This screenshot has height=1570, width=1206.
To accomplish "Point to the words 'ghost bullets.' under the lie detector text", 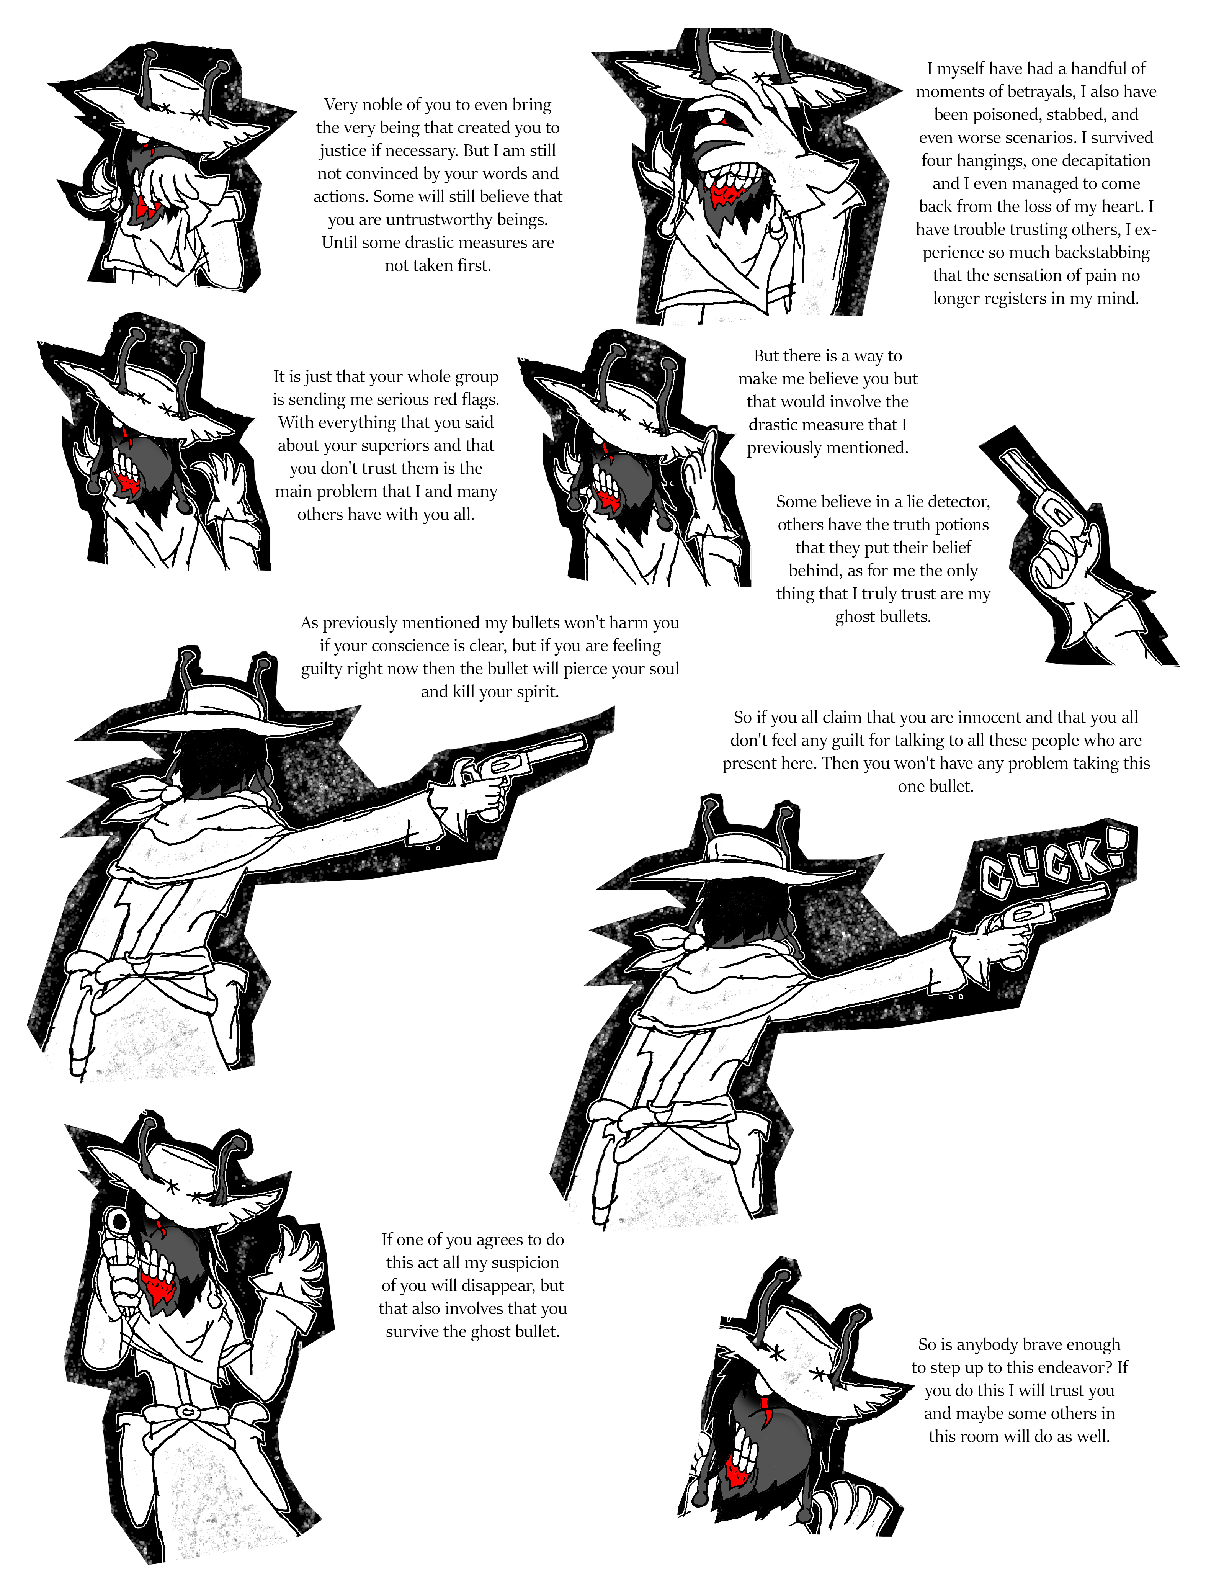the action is (x=883, y=616).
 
